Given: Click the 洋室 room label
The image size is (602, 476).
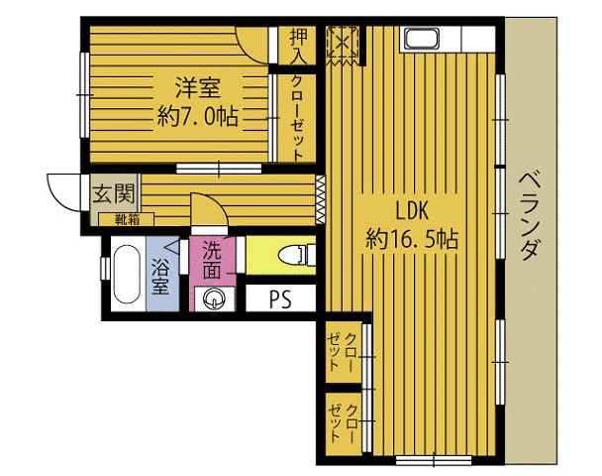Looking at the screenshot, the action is [198, 87].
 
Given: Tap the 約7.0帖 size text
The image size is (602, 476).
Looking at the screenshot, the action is [198, 116].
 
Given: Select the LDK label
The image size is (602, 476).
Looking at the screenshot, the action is [412, 211].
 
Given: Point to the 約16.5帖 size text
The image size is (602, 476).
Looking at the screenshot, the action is [412, 239].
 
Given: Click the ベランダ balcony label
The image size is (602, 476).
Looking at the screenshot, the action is [531, 216].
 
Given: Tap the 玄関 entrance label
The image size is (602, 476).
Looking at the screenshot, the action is [115, 193].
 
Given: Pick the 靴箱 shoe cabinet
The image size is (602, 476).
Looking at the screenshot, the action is [127, 219].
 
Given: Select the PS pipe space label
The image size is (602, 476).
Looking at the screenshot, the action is [280, 299].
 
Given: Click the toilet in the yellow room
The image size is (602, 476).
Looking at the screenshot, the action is [296, 255].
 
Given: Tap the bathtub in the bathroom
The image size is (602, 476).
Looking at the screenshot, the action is [127, 275].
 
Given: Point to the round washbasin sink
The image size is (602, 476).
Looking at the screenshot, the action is [213, 297].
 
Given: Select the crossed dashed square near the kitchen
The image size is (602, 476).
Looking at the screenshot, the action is [343, 46].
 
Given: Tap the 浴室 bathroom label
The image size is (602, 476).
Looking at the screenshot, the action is [161, 276].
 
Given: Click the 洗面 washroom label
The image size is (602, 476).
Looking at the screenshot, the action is [212, 260].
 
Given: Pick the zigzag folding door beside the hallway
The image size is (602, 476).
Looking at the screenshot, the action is [320, 200].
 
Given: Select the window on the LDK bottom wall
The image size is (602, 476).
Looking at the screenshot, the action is [434, 460].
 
